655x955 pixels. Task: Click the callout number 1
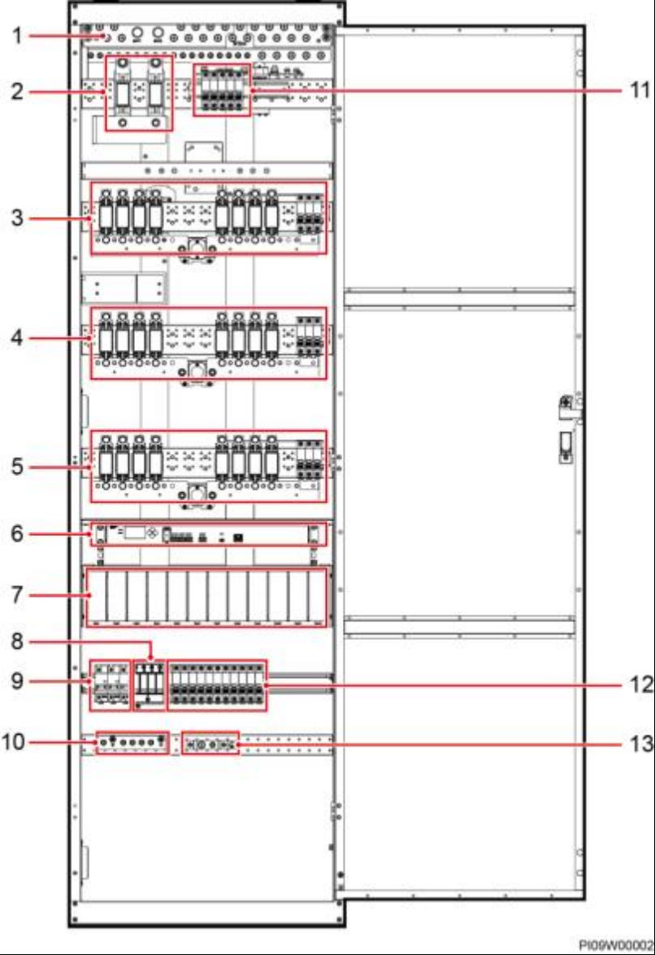pos(17,36)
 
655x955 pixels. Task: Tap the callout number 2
pos(17,91)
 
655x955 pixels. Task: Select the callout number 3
pos(17,218)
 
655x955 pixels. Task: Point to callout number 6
pos(17,534)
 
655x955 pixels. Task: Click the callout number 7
pos(17,594)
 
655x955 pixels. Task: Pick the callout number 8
pos(17,642)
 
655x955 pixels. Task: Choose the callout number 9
pos(17,681)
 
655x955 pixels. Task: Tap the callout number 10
pos(13,742)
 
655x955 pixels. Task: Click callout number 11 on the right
pos(640,91)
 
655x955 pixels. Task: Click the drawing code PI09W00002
pos(615,945)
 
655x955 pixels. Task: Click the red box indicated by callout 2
pos(139,93)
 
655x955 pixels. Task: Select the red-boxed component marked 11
pos(223,89)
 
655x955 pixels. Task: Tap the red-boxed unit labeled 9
pos(111,685)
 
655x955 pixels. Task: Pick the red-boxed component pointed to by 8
pos(150,685)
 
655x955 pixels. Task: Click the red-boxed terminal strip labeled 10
pos(132,742)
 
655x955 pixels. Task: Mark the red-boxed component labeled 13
pos(210,743)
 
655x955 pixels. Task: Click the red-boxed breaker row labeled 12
pos(217,685)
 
